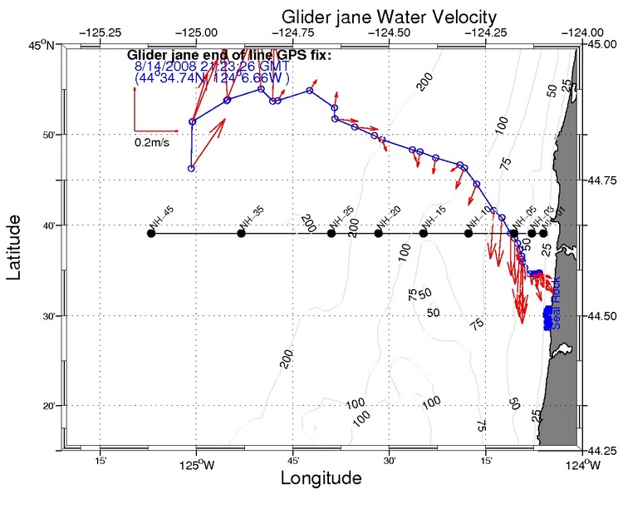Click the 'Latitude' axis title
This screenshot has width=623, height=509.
click(15, 247)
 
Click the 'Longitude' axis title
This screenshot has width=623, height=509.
click(321, 479)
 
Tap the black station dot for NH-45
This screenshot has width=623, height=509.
click(151, 233)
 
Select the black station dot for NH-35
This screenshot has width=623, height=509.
click(242, 233)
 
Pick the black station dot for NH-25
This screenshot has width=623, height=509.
click(331, 233)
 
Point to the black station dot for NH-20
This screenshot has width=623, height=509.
click(379, 233)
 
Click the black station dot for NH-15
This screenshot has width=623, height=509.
click(424, 233)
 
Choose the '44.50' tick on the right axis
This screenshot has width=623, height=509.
click(598, 316)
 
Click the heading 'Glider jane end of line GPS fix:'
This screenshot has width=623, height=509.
click(229, 56)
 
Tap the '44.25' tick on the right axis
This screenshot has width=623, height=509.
click(598, 452)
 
